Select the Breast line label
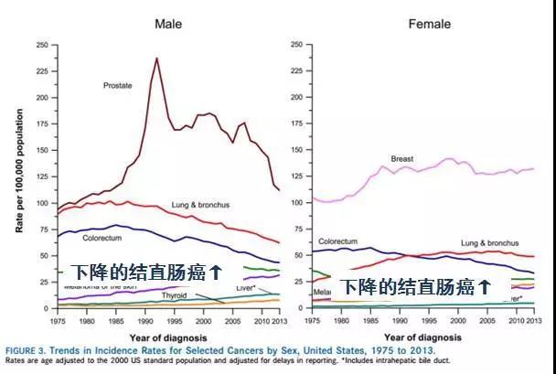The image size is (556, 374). pyautogui.click(x=402, y=158)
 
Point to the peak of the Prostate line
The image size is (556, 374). pyautogui.click(x=156, y=59)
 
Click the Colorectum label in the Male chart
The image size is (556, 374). pyautogui.click(x=102, y=238)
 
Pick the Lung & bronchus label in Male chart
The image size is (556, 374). pyautogui.click(x=198, y=204)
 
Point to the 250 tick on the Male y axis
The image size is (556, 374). pyautogui.click(x=42, y=45)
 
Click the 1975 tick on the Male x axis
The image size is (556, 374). pyautogui.click(x=58, y=320)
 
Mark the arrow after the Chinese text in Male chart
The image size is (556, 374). pyautogui.click(x=217, y=272)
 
